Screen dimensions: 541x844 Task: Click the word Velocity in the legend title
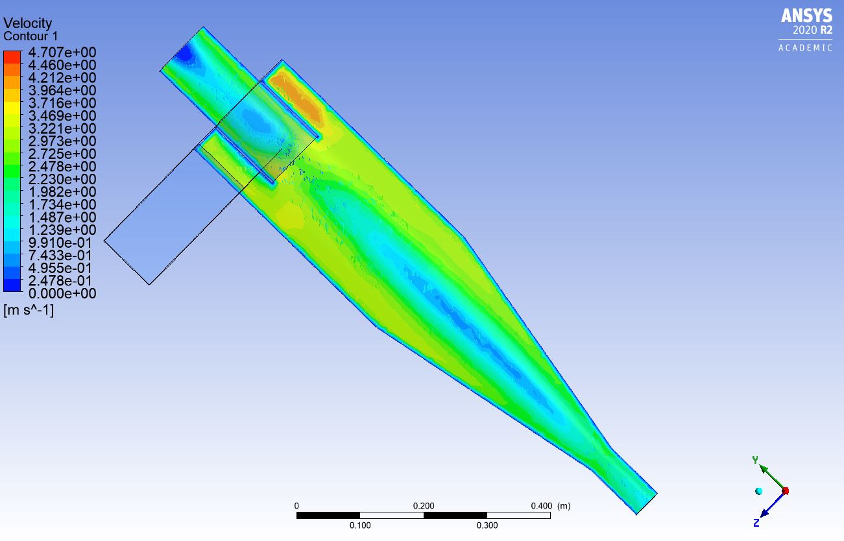coord(27,24)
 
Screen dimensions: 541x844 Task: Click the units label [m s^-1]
coord(29,311)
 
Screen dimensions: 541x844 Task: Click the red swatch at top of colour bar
coord(12,56)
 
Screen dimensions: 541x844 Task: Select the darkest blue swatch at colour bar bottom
coord(12,285)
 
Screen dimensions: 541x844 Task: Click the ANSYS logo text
coord(806,16)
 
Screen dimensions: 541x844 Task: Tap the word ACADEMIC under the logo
coord(805,48)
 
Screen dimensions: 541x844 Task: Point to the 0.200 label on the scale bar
coord(424,506)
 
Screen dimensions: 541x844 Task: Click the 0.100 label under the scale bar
coord(360,525)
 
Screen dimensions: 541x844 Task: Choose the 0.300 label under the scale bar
coord(487,525)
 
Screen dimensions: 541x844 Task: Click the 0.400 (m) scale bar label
coord(549,506)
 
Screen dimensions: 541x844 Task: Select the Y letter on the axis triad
coord(755,460)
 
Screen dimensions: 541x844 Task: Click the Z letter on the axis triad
coord(756,523)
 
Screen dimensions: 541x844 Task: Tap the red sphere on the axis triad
coord(785,491)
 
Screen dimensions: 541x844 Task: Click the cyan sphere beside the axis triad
coord(758,491)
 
